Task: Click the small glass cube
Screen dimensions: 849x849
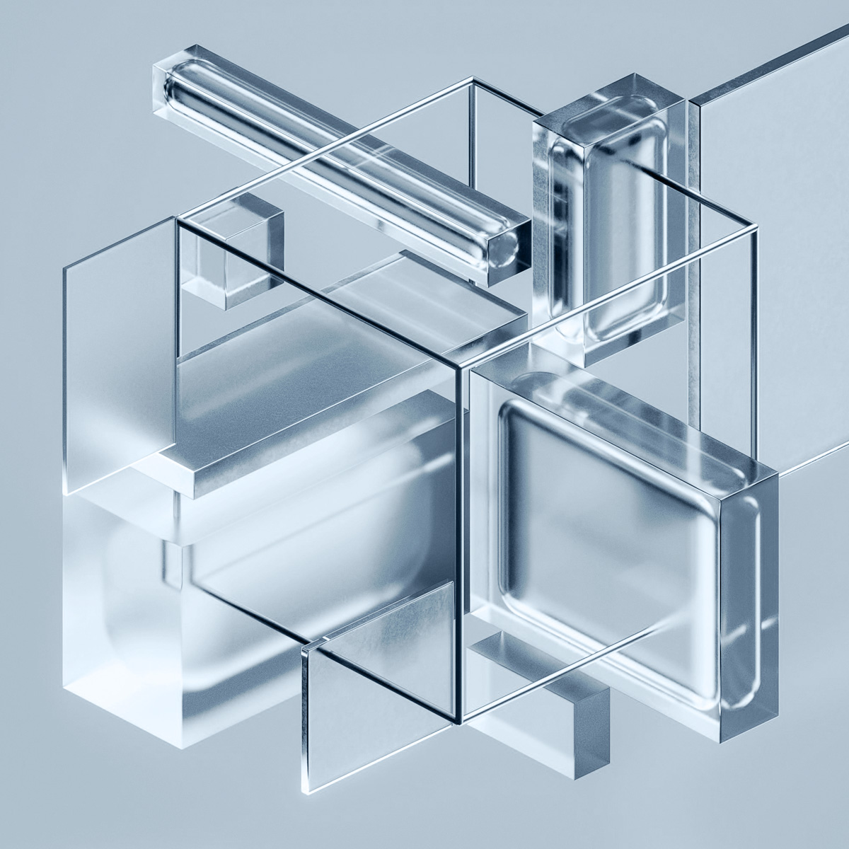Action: [233, 255]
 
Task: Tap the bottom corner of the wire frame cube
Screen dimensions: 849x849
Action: [461, 722]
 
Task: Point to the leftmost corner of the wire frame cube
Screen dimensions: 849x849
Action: [177, 221]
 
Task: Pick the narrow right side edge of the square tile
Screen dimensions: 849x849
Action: [750, 601]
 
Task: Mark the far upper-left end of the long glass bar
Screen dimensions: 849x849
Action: [166, 78]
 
